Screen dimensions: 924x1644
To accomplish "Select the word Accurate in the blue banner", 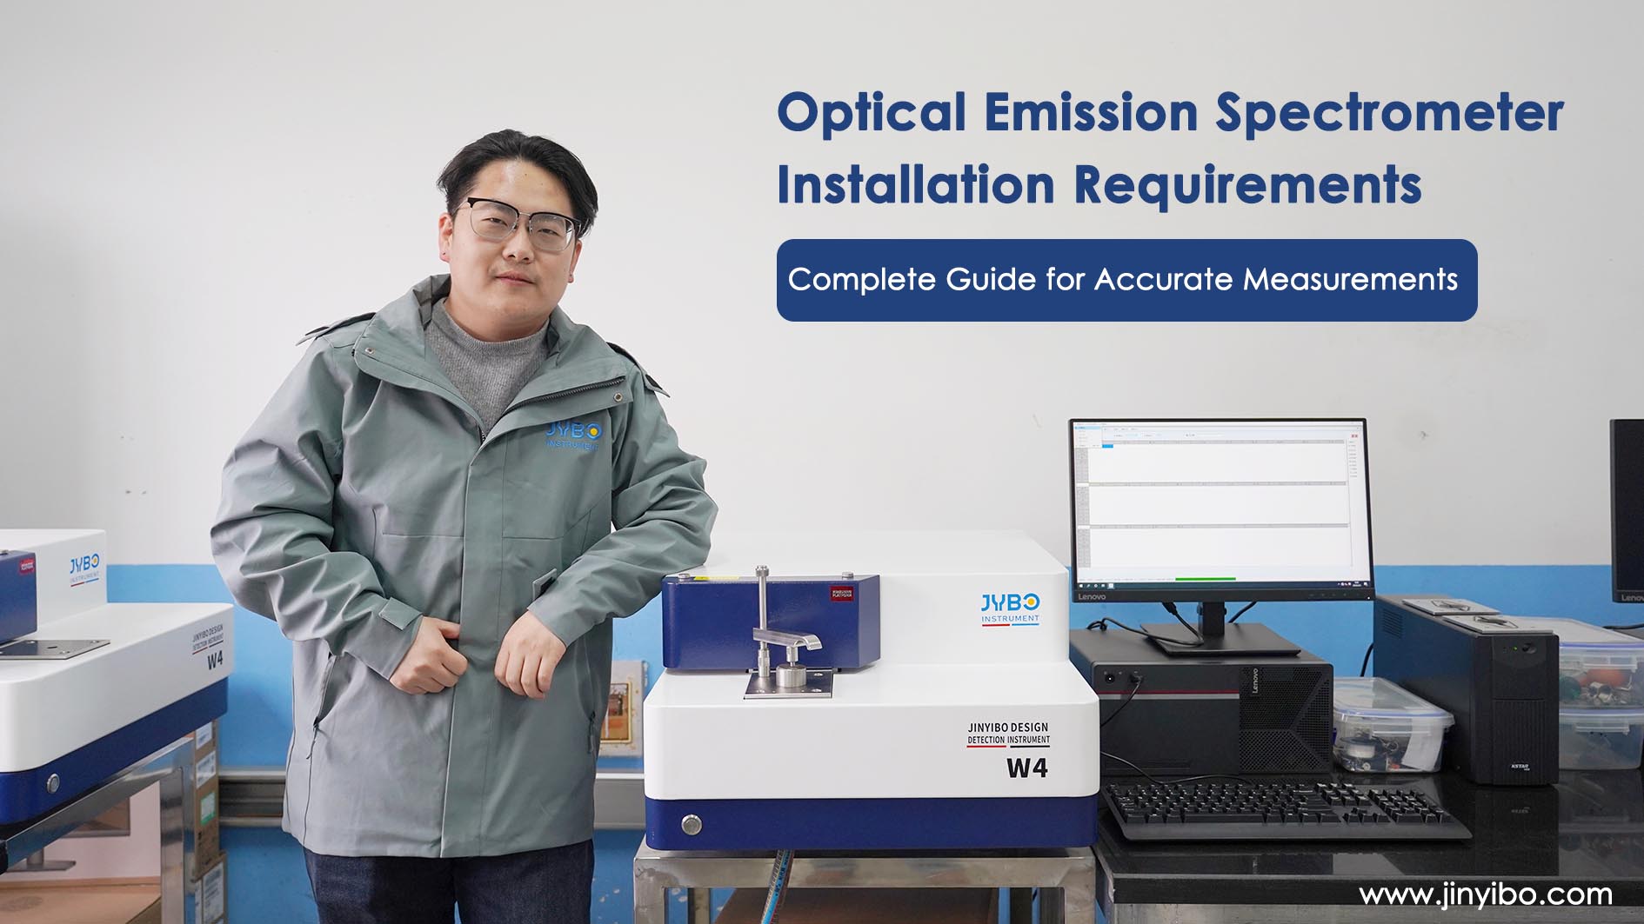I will tap(1165, 280).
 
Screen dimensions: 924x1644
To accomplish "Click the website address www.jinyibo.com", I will tap(1485, 894).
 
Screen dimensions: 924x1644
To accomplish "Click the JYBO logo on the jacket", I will tap(573, 435).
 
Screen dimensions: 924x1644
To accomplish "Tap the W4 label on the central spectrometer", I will tap(1026, 768).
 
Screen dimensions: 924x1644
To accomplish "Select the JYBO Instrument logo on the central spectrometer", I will tap(1010, 608).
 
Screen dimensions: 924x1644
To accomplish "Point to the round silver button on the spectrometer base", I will tap(692, 824).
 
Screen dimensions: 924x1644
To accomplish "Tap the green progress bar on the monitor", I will tap(1205, 578).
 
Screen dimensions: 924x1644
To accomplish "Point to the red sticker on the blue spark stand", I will tap(841, 594).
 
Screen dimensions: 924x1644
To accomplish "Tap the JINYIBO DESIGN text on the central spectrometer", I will tap(1008, 728).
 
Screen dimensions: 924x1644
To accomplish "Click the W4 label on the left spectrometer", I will tap(215, 660).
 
